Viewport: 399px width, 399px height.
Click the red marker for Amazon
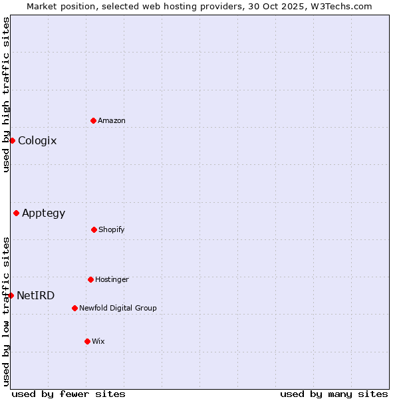click(x=93, y=120)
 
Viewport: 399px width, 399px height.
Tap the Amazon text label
click(x=112, y=121)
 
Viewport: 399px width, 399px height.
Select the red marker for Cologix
click(x=12, y=140)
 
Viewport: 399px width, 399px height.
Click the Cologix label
click(x=37, y=141)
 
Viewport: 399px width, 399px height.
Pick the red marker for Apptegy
click(x=16, y=213)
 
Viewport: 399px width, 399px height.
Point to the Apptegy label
click(x=44, y=213)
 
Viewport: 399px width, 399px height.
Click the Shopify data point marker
click(x=94, y=229)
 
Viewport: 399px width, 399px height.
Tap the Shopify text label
click(x=112, y=230)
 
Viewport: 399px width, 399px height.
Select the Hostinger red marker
click(x=90, y=279)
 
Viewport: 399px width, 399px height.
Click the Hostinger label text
click(x=112, y=280)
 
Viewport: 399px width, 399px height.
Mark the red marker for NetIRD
click(x=11, y=295)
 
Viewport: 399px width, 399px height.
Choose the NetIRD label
click(x=36, y=296)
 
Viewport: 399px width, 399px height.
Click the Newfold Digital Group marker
click(x=74, y=308)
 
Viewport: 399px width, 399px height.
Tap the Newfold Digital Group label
click(x=118, y=309)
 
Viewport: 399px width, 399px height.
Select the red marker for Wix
click(x=87, y=341)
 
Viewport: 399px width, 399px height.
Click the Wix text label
click(x=98, y=342)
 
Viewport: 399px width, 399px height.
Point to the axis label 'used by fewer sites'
click(x=68, y=394)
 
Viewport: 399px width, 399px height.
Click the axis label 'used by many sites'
click(x=334, y=394)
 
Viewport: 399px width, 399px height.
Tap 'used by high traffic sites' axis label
click(x=6, y=94)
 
